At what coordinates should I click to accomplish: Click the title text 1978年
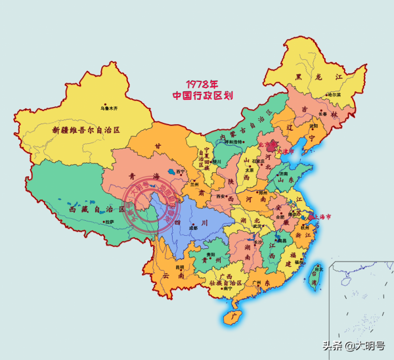(x=202, y=84)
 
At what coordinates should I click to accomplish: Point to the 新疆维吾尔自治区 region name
(x=87, y=129)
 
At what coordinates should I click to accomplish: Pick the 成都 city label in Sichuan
(x=192, y=229)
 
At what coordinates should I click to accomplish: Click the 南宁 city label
(x=227, y=288)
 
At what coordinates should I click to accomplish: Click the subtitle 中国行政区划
(x=202, y=95)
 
